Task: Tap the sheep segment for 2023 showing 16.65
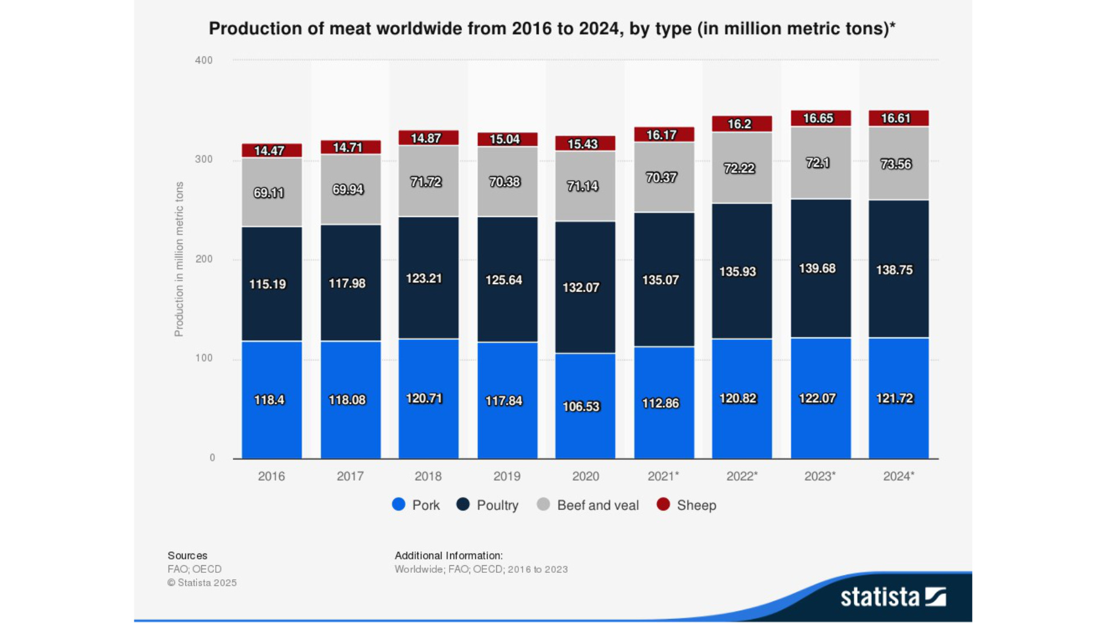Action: pos(821,118)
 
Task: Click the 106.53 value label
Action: pos(581,407)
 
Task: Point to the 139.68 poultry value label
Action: pos(817,268)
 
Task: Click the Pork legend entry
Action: pos(416,505)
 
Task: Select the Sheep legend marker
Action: pos(663,505)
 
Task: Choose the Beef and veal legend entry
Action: pos(588,505)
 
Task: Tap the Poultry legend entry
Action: pos(488,505)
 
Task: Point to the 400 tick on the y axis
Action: pos(204,60)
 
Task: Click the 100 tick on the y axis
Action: pos(204,358)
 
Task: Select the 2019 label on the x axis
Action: pos(507,477)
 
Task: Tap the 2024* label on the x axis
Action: pos(898,477)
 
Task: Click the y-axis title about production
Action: pos(179,259)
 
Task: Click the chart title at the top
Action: pos(552,29)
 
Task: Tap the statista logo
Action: pos(892,597)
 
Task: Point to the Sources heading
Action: pos(187,556)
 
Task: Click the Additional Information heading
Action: pos(448,556)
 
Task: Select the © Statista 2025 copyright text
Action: pos(202,583)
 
